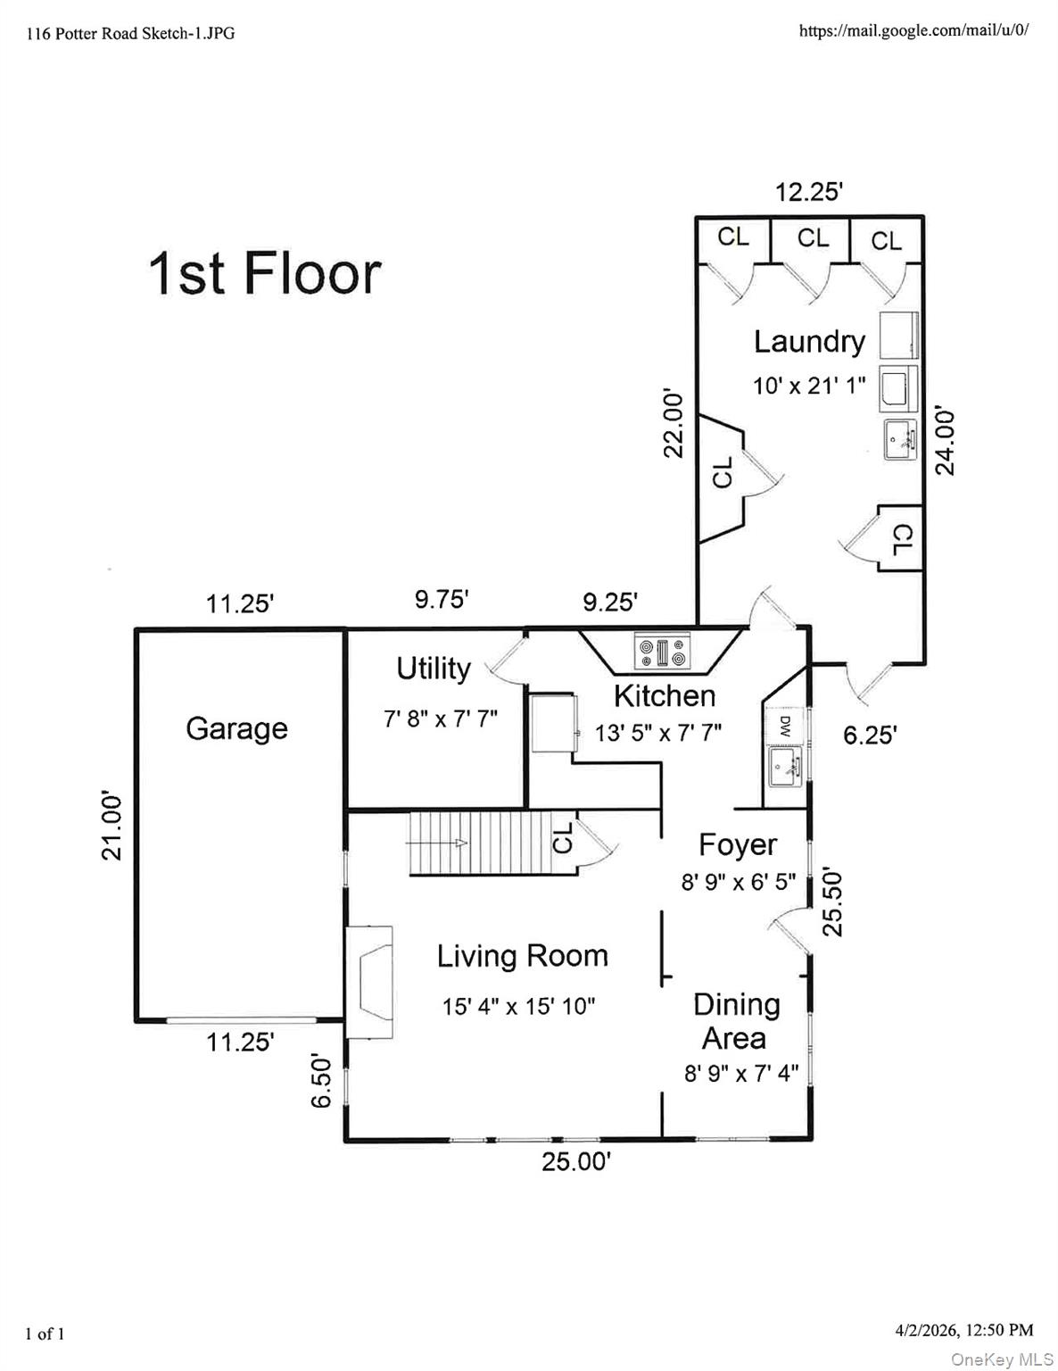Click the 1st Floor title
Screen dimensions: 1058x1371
(264, 273)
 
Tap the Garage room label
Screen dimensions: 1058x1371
(236, 728)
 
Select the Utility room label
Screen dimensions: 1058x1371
(434, 669)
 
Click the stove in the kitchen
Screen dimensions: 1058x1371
(661, 651)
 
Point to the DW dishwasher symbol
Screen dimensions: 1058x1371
(784, 724)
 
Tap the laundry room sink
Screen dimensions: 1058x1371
(900, 439)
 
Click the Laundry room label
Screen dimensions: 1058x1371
(810, 342)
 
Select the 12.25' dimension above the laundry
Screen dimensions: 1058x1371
(808, 192)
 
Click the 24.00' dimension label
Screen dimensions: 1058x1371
(945, 440)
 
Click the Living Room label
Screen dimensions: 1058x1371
(522, 956)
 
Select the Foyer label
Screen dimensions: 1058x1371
(738, 845)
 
